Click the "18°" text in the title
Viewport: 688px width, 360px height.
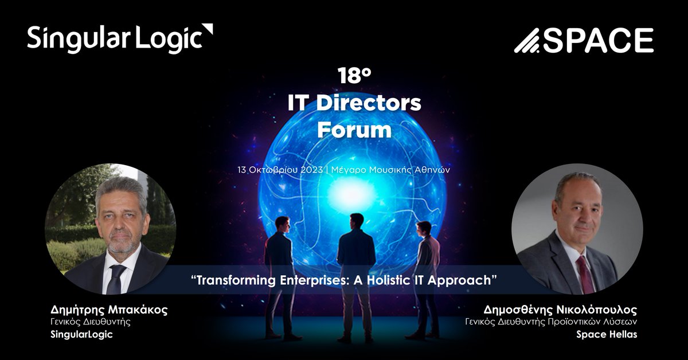click(x=353, y=76)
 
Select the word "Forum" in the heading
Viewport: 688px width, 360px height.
click(x=354, y=130)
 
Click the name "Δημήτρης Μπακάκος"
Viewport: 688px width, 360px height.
click(x=109, y=310)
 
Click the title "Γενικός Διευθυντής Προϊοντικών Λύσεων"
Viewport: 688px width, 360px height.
click(x=551, y=322)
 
